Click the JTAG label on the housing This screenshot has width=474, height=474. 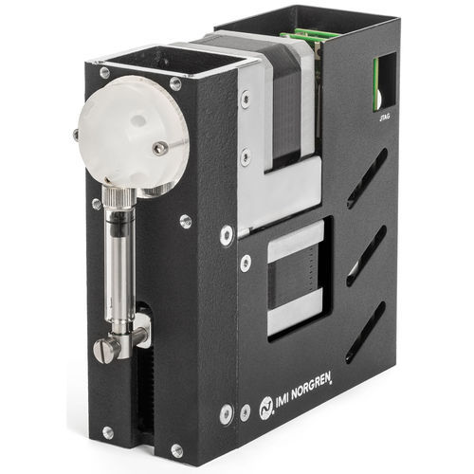[x=384, y=117]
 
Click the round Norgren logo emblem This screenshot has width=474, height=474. [x=265, y=409]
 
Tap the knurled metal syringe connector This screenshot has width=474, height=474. [x=118, y=198]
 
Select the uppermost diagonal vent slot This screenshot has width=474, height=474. [x=368, y=178]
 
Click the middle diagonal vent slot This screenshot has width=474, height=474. [x=367, y=256]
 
